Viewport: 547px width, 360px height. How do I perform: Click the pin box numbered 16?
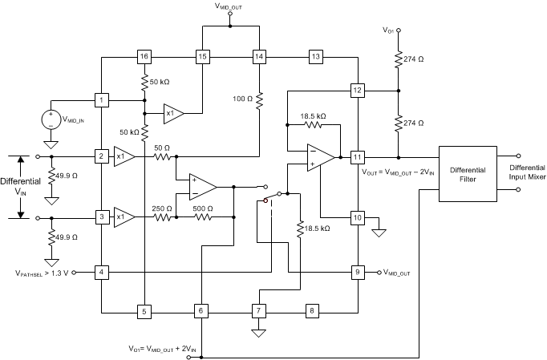tap(144, 57)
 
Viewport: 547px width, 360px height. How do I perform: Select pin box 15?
tap(202, 57)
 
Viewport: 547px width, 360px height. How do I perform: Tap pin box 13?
tap(315, 57)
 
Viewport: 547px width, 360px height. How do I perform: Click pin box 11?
tap(358, 156)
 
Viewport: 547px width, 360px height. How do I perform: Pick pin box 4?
tap(102, 272)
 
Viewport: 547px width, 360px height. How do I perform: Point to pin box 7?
tap(258, 310)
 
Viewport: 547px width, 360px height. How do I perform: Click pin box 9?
tap(358, 272)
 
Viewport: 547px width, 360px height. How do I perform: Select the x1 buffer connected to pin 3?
tap(123, 217)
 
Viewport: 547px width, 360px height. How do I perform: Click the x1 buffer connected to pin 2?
tap(123, 156)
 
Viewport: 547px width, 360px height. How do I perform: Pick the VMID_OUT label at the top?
tap(230, 6)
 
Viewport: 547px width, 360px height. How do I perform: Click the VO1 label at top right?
tap(389, 30)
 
